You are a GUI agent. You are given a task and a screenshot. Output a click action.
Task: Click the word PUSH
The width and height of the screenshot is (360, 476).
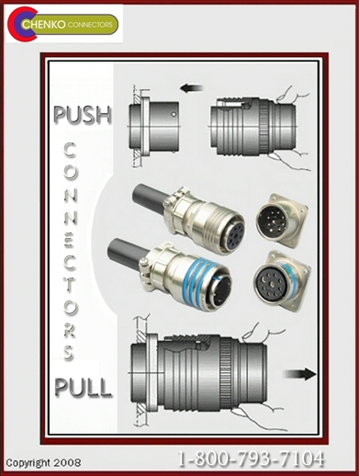pos(83,115)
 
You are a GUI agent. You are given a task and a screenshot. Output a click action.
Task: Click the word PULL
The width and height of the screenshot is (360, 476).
pos(83,388)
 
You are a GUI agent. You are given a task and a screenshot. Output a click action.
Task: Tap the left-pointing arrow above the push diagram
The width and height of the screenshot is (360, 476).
pos(192,88)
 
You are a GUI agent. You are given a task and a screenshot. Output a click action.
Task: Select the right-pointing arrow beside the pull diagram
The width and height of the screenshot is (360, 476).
pos(299,374)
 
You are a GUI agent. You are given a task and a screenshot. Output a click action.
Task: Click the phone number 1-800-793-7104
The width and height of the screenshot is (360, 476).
pos(251,459)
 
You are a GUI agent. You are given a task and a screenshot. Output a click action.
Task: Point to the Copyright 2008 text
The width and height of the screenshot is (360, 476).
pos(44,462)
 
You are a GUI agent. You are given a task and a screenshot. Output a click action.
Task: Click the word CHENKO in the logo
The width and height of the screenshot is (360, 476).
pos(44,25)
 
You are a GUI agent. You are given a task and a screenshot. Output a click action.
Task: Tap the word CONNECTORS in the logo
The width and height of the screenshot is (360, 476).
pos(90,25)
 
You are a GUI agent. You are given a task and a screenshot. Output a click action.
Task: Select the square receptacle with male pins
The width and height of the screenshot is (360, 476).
pos(282,220)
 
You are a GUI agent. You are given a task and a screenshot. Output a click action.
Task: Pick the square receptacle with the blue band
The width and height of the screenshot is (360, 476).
pos(282,280)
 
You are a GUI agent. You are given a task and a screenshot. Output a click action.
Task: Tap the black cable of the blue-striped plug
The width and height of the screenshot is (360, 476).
pos(126,252)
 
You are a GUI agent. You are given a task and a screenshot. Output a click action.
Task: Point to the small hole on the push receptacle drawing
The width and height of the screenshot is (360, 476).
pos(174,115)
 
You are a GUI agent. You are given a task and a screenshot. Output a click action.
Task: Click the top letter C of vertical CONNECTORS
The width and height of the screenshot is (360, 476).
pos(70,150)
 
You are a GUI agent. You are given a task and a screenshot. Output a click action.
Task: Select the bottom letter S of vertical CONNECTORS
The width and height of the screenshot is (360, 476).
pos(69,353)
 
